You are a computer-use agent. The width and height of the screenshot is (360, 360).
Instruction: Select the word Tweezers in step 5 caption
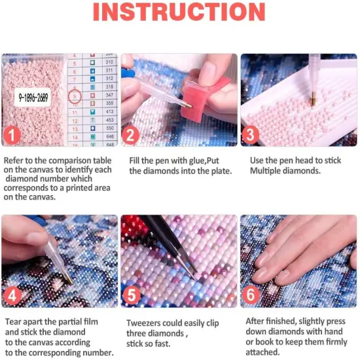pos(145,323)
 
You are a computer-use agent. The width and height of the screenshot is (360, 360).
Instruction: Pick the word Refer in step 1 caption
pos(15,160)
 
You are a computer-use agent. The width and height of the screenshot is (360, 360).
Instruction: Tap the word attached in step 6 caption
pos(262,351)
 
